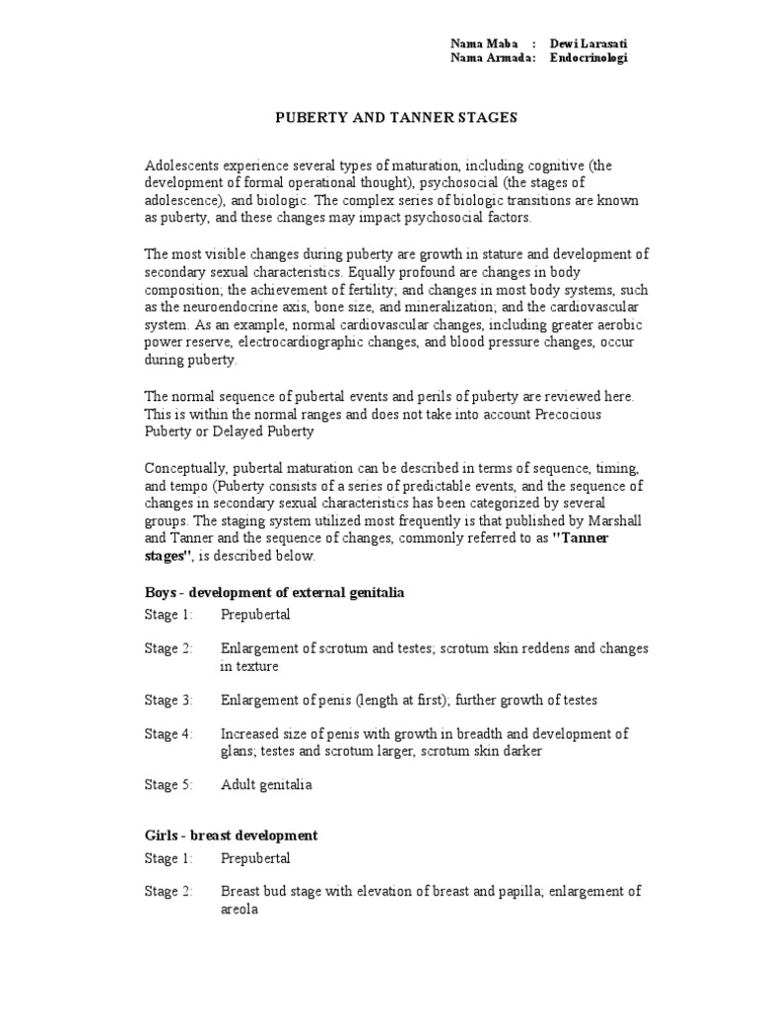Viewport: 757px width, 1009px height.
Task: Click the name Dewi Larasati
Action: (x=588, y=43)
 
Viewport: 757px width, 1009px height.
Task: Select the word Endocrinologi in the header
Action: (x=588, y=58)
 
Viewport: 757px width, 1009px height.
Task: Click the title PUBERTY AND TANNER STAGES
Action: (x=394, y=117)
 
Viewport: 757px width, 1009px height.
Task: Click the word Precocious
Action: (x=567, y=414)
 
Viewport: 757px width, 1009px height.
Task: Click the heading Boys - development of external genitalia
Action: (x=275, y=593)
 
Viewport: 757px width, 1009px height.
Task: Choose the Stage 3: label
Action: (x=170, y=701)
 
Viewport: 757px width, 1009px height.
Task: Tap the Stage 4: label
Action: (x=170, y=734)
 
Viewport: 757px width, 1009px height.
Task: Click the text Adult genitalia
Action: (x=266, y=785)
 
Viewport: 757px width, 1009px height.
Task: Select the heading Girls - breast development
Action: (x=232, y=836)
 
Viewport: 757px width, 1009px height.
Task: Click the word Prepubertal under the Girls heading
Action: (x=256, y=859)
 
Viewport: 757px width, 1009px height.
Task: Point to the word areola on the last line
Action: (x=240, y=910)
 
